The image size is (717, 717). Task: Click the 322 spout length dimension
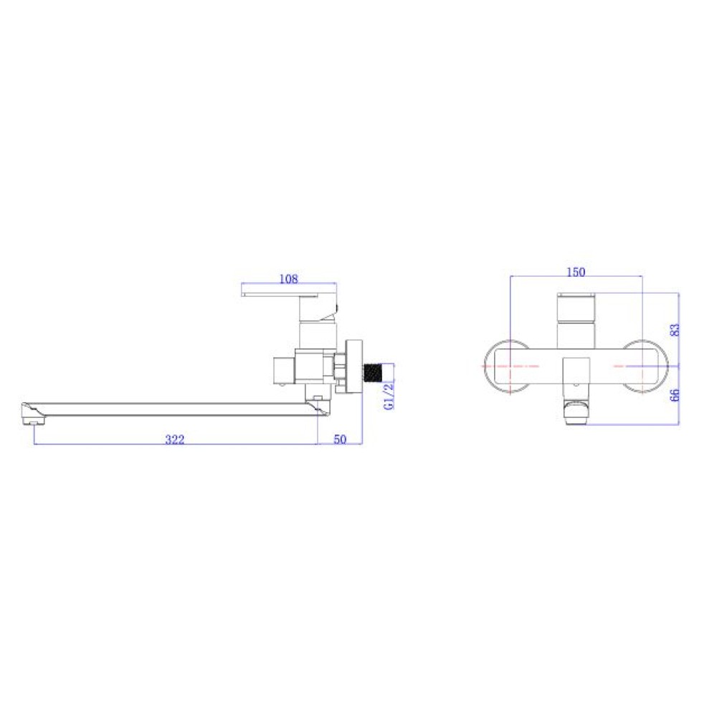175,440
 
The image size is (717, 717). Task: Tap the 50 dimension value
340,440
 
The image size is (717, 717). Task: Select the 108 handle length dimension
288,278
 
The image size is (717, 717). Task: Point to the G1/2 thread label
389,396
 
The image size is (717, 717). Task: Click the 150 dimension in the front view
576,272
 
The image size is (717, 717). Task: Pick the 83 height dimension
675,330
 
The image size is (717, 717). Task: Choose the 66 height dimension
675,395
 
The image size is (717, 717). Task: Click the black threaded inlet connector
372,373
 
